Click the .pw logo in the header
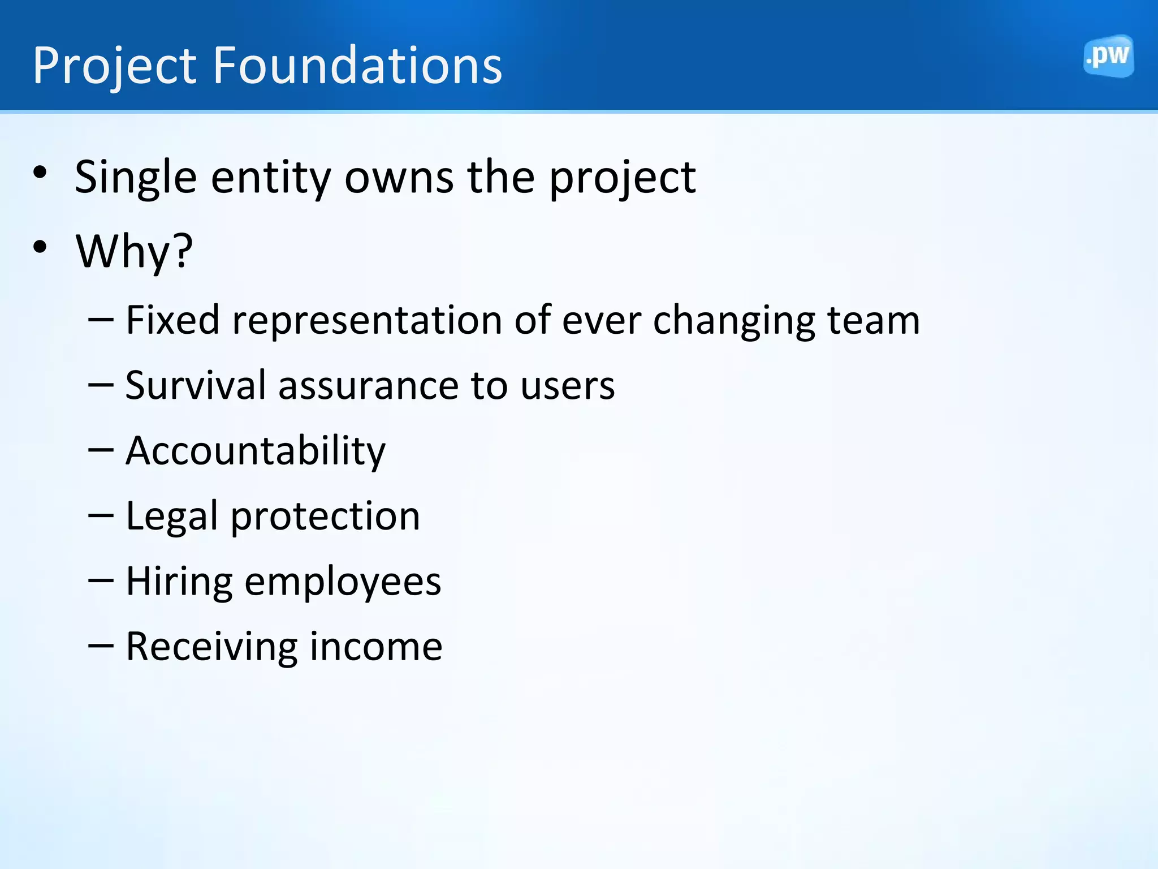(1108, 56)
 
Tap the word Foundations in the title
(357, 66)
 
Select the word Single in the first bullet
(136, 178)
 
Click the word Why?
(135, 252)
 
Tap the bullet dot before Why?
(40, 247)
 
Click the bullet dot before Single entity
(40, 173)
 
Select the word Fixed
(172, 320)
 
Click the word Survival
(196, 385)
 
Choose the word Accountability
(256, 451)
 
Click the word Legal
(172, 517)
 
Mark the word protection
(325, 517)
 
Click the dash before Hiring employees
(101, 581)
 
